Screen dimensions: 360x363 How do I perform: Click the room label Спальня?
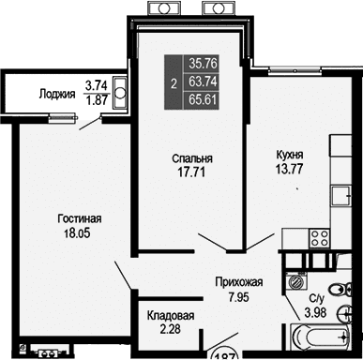[x=190, y=158]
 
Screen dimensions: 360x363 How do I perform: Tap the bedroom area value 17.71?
[x=190, y=172]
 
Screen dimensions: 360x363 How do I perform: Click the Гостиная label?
[x=76, y=219]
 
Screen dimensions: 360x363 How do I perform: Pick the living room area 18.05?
[x=76, y=234]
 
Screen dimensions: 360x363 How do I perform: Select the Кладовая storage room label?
[x=170, y=316]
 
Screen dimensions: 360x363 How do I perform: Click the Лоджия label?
[x=58, y=93]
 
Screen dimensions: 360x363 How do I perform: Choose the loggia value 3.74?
[x=95, y=83]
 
